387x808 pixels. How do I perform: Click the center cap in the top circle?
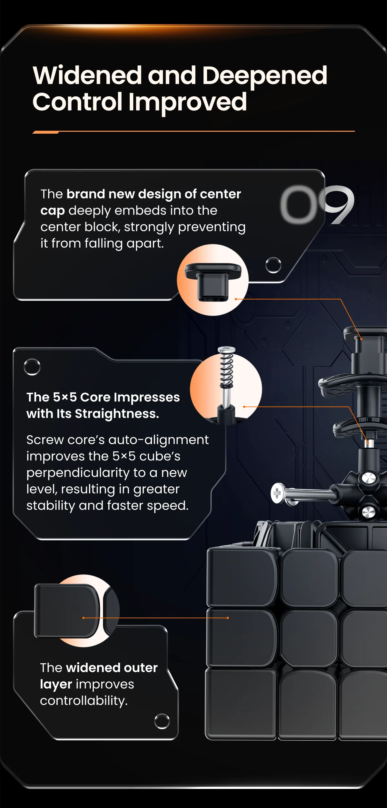click(213, 281)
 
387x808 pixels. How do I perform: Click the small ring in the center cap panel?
click(273, 265)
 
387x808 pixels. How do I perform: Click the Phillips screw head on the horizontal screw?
click(277, 493)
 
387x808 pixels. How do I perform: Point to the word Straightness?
click(117, 414)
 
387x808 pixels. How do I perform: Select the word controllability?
click(84, 700)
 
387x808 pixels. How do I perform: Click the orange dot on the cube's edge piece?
click(228, 618)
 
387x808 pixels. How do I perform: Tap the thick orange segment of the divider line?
click(45, 132)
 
